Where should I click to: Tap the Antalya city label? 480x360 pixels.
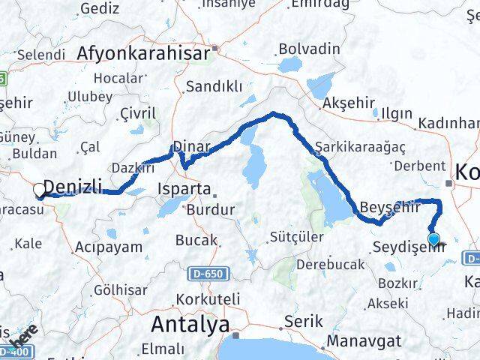(x=190, y=324)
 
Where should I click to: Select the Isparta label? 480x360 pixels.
(x=184, y=190)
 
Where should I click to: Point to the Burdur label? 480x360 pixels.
(x=211, y=209)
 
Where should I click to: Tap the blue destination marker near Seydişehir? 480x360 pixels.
(x=433, y=240)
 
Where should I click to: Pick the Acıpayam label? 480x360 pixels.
(x=109, y=246)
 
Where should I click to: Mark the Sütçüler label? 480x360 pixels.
(x=297, y=238)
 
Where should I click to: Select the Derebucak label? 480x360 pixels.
(x=331, y=265)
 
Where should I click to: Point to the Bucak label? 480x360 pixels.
(x=196, y=241)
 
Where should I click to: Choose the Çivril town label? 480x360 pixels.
(x=138, y=113)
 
